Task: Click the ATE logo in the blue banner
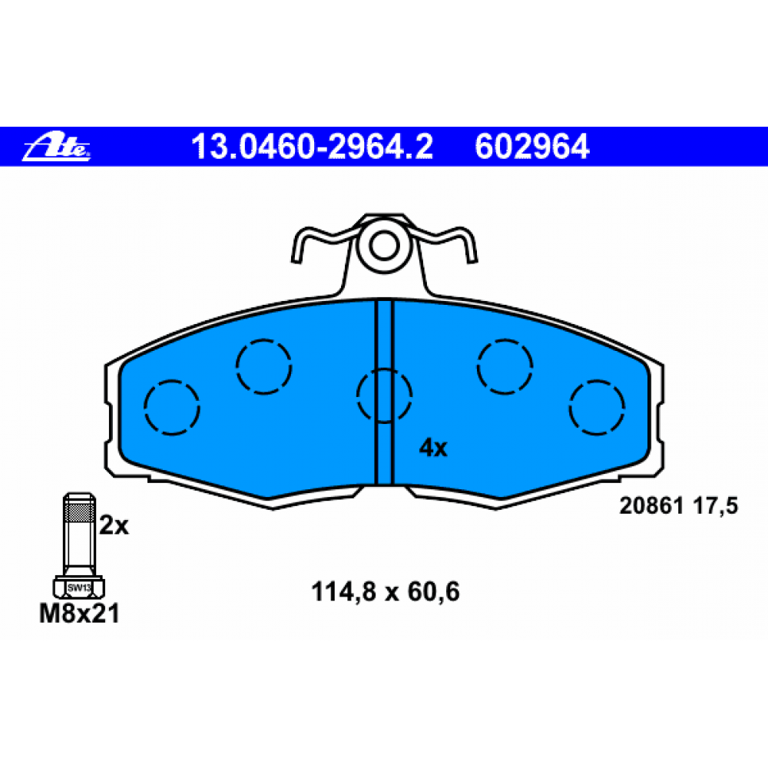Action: coord(56,146)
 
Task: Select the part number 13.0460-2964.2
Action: coord(312,147)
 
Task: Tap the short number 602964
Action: coord(532,147)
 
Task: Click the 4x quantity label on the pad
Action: coord(433,448)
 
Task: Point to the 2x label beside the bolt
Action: coord(114,525)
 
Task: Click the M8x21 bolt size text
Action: coord(79,613)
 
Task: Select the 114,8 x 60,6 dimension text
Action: coord(386,591)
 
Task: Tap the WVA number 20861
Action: coord(651,505)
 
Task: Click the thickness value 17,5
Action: coord(716,506)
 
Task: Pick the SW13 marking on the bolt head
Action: coord(79,588)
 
